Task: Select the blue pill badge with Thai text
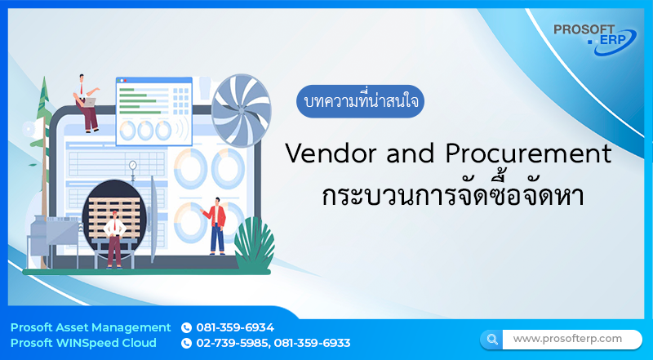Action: [360, 104]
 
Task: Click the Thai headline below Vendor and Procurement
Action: [447, 195]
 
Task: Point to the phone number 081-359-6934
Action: [235, 327]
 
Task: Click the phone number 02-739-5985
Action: [233, 343]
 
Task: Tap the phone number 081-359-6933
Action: [313, 343]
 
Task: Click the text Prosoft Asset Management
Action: [91, 327]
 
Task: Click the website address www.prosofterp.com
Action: [567, 338]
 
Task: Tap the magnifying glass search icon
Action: [492, 339]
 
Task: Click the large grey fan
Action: [241, 104]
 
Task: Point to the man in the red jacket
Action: [216, 224]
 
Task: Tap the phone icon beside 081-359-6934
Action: [186, 327]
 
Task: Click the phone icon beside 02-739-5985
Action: [186, 343]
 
